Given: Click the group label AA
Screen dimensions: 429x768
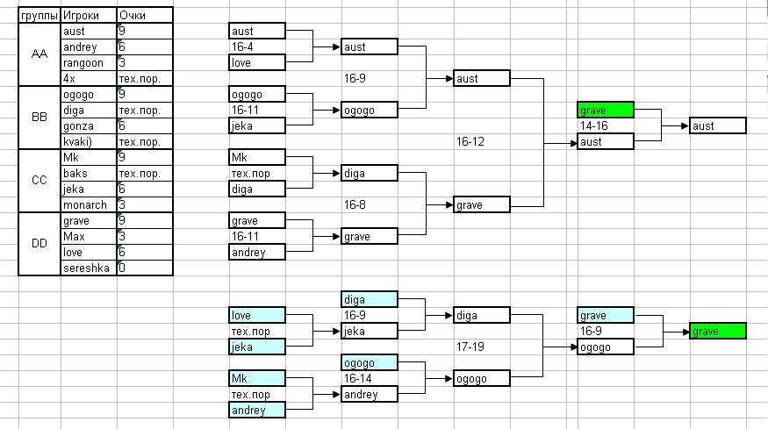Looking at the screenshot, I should pos(39,54).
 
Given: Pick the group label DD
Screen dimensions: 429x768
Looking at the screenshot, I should pos(39,244).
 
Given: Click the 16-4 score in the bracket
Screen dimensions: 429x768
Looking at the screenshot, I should pos(243,47).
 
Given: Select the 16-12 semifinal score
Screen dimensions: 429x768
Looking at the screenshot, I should pos(470,141).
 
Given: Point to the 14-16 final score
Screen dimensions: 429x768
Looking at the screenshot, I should pos(594,126).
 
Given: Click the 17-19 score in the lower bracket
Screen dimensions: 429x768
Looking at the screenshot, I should pos(470,347).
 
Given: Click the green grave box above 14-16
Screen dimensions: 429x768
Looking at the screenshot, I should pos(605,111).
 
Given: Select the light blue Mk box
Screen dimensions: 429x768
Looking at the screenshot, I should pos(256,378).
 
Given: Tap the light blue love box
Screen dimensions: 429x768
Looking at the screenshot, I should pos(256,315).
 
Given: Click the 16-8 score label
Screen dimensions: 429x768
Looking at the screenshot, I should pos(355,204).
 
